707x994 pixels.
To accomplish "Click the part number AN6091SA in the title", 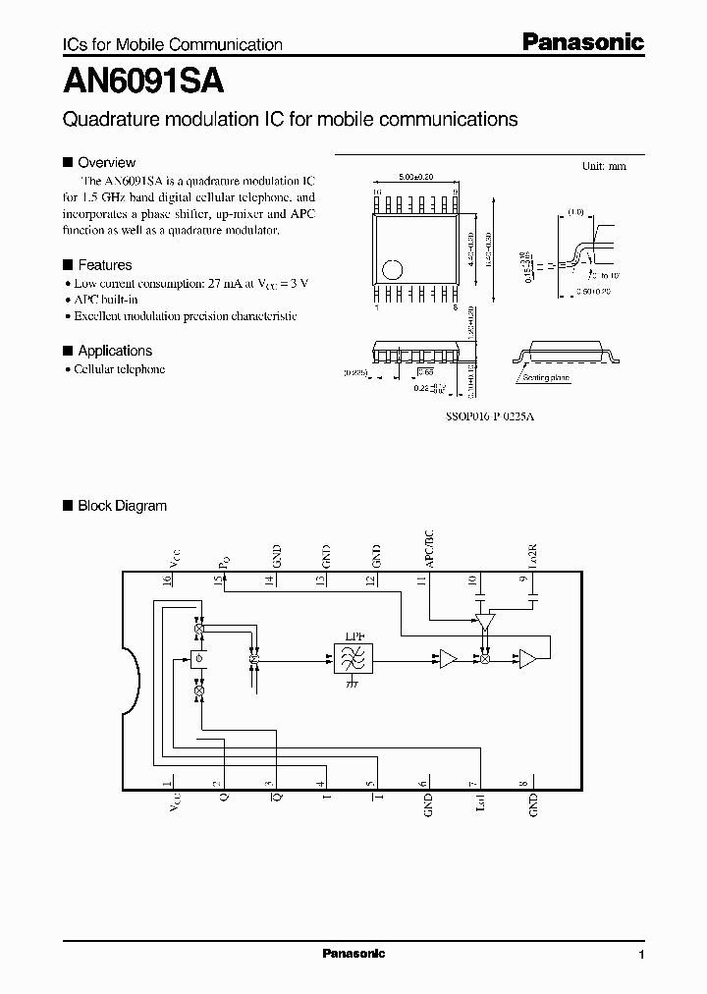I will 145,82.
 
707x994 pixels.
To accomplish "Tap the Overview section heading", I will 106,162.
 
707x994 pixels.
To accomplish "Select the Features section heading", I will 104,265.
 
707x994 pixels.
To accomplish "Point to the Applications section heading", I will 114,351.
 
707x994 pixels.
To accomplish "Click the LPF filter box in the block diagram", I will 349,659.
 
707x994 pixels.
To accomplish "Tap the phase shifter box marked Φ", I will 199,658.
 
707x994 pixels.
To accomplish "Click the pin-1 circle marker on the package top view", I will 392,268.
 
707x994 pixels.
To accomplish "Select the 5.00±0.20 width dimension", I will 416,176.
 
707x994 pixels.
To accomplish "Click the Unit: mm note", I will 604,167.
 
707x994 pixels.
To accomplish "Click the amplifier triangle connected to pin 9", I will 527,659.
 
